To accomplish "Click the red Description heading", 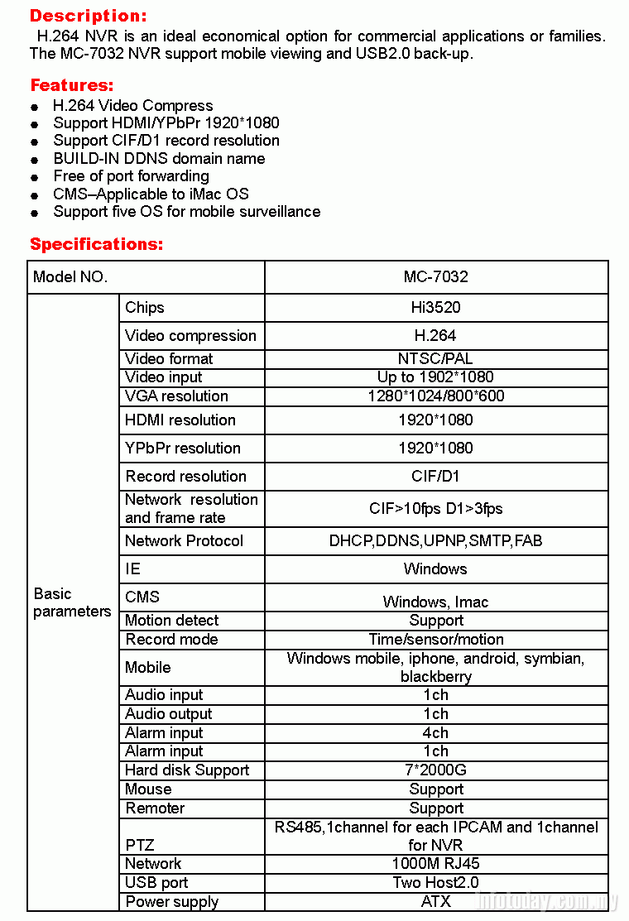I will pos(88,16).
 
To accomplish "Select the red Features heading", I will pos(71,85).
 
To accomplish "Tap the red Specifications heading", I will pos(96,244).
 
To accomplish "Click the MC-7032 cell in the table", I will pos(435,277).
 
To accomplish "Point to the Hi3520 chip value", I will pos(435,307).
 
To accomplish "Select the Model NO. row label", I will pos(70,277).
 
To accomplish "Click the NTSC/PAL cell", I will pos(435,358).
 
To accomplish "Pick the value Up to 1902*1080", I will pos(435,377).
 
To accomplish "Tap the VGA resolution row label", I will pos(176,396).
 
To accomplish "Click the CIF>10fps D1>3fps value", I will pos(435,509).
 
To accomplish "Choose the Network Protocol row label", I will pos(184,540).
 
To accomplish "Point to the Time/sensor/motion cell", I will pos(435,639).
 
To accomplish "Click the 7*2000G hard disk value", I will pos(435,770).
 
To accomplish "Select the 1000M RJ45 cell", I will pos(435,863).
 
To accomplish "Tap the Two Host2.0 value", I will pos(435,882).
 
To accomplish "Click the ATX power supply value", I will pos(435,901).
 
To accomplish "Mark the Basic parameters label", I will pos(72,602).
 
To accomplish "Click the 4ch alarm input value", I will pos(435,732).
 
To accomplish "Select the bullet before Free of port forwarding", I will pos(34,177).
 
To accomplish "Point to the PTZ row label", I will pos(139,845).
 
